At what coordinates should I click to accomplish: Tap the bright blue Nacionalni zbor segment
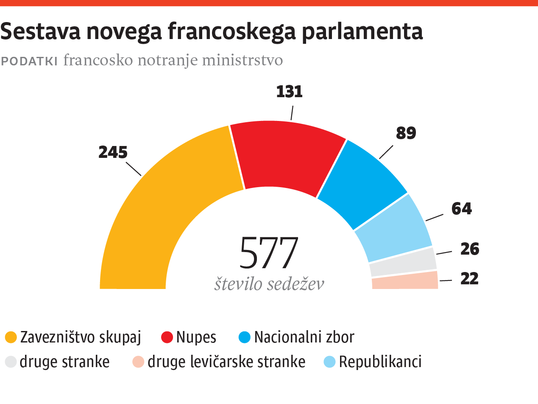(360, 182)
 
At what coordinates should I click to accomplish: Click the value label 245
(113, 152)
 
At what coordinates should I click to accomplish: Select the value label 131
(289, 92)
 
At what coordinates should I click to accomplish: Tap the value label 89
(406, 133)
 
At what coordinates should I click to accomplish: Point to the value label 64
(461, 209)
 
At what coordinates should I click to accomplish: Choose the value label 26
(469, 249)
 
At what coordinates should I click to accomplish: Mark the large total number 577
(269, 254)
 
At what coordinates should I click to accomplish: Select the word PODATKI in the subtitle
(29, 61)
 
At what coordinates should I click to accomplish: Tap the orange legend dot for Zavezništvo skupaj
(11, 338)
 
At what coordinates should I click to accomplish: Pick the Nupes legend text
(196, 337)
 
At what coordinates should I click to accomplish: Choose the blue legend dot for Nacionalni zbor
(245, 338)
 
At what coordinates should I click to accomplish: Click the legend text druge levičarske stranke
(226, 362)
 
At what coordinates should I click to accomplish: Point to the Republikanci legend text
(380, 362)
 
